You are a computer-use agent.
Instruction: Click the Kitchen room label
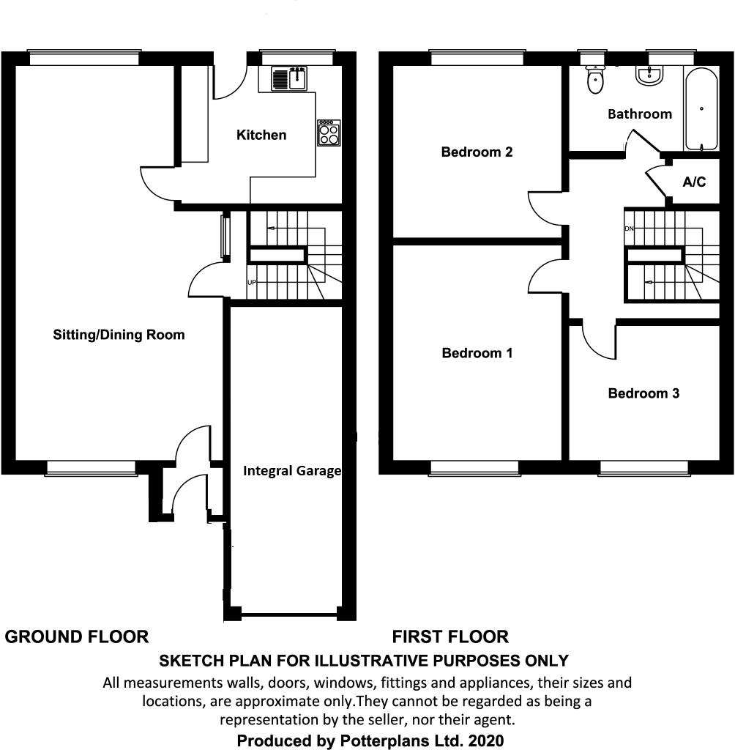click(x=261, y=135)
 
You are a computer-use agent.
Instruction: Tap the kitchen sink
click(x=289, y=78)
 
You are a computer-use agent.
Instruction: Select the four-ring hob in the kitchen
click(x=329, y=133)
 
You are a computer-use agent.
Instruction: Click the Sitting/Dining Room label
click(x=119, y=335)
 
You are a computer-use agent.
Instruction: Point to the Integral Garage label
click(x=292, y=471)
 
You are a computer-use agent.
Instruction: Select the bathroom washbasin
click(x=649, y=75)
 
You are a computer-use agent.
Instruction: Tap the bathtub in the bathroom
click(x=701, y=108)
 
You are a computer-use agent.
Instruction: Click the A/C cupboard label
click(x=694, y=182)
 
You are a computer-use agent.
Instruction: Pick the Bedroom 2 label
click(x=476, y=152)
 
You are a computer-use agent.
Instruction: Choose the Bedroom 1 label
click(x=477, y=353)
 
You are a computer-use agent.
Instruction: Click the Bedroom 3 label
click(x=643, y=393)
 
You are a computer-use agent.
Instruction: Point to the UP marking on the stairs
click(x=252, y=283)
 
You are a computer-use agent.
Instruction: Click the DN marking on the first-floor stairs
click(x=628, y=229)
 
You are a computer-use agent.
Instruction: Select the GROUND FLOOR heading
click(x=77, y=636)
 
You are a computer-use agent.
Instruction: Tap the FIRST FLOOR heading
click(x=450, y=636)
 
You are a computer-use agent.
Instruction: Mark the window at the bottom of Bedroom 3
click(x=643, y=467)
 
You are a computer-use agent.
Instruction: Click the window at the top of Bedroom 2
click(x=477, y=56)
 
